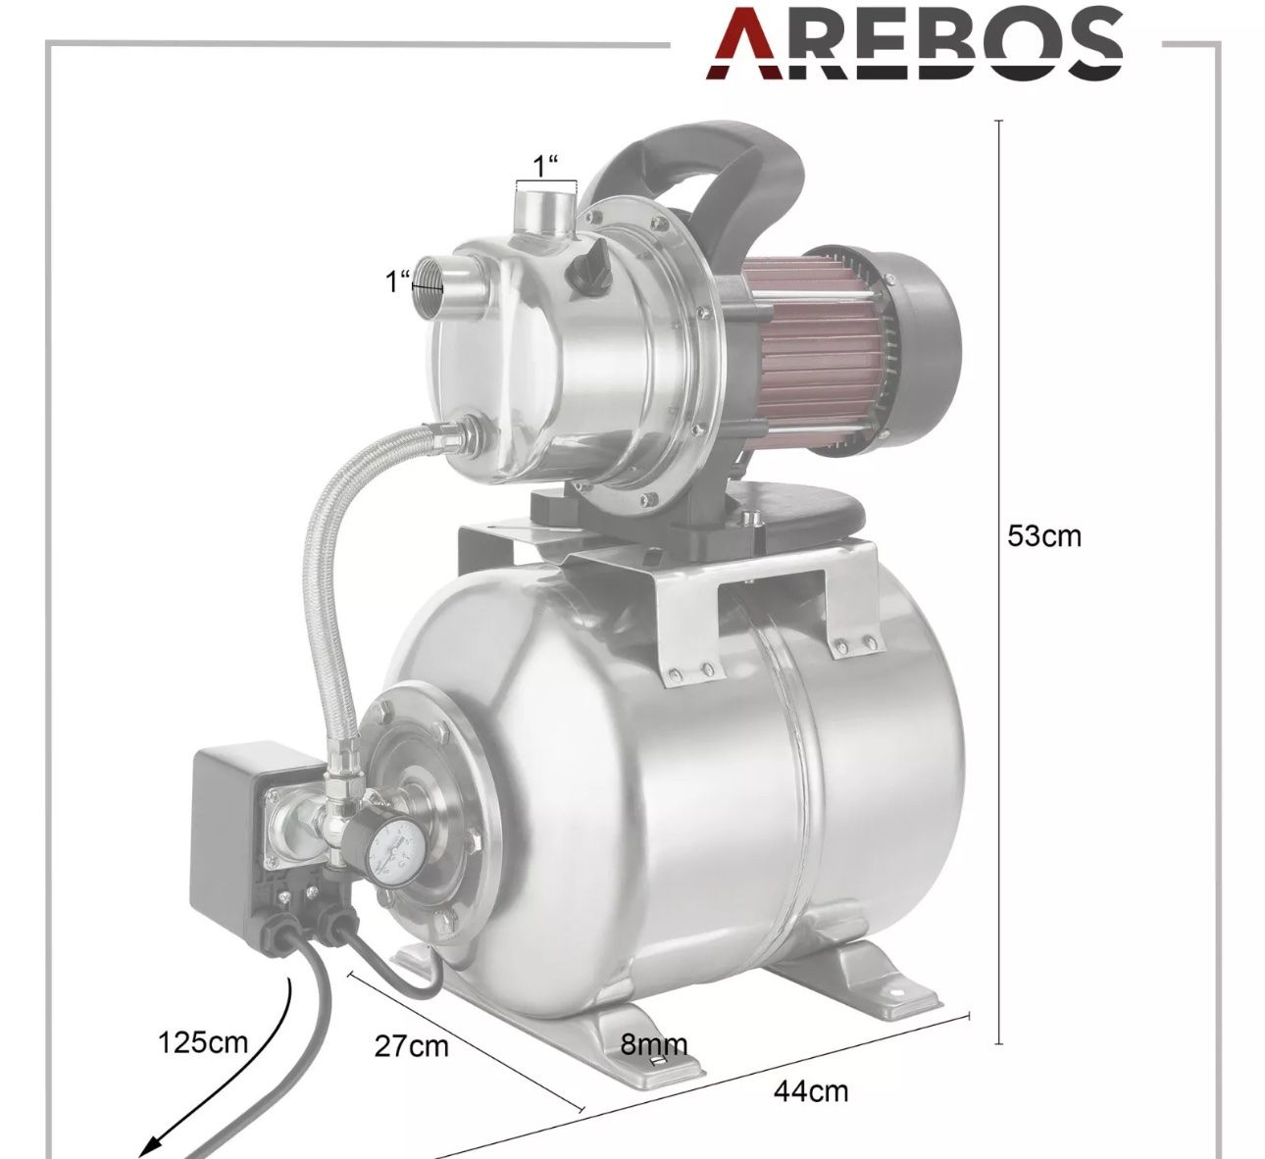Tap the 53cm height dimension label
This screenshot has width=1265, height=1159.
1043,536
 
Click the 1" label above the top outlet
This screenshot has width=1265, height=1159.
545,167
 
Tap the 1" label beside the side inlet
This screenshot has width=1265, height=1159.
397,281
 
